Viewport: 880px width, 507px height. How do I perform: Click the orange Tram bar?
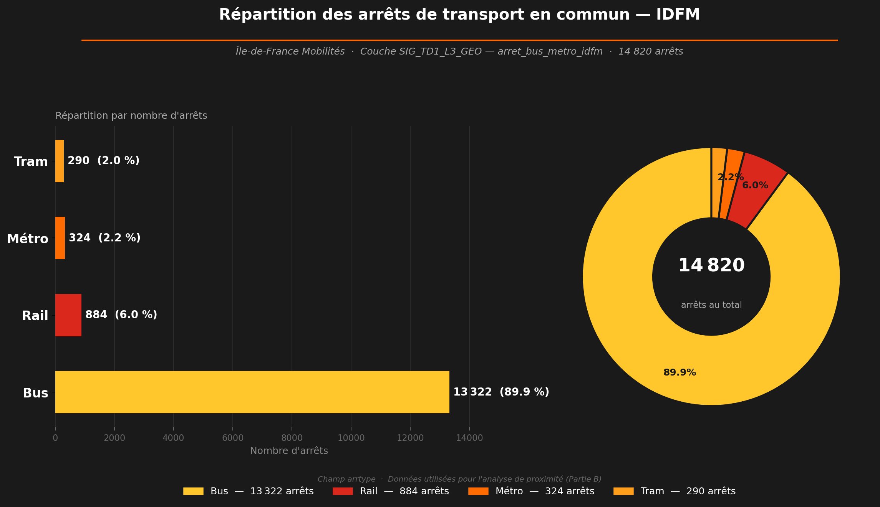pos(60,161)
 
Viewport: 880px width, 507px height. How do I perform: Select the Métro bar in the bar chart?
pos(60,238)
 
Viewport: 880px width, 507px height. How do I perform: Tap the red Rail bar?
pos(68,315)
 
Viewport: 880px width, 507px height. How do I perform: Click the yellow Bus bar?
pos(252,392)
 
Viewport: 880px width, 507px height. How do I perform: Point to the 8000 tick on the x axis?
pos(292,438)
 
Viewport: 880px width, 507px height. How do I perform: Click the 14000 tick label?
pos(469,438)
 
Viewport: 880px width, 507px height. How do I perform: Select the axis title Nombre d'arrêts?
pos(289,451)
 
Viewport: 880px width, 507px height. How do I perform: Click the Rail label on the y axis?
pos(35,316)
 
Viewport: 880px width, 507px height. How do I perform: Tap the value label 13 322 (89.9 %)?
pos(501,392)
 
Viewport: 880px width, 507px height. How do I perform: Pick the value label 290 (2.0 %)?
pos(103,161)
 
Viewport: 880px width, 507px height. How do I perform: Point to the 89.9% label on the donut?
pos(679,372)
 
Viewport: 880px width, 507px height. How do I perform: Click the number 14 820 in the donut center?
pos(711,266)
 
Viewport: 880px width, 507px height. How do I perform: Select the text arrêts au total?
pos(711,305)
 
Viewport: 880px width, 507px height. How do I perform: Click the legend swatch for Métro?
pos(478,491)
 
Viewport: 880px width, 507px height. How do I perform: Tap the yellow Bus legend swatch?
pos(193,491)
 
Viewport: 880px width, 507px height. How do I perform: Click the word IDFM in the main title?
pos(678,15)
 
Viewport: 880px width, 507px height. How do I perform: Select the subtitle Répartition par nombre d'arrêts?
pos(131,116)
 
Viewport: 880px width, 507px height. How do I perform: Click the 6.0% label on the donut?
pos(755,185)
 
